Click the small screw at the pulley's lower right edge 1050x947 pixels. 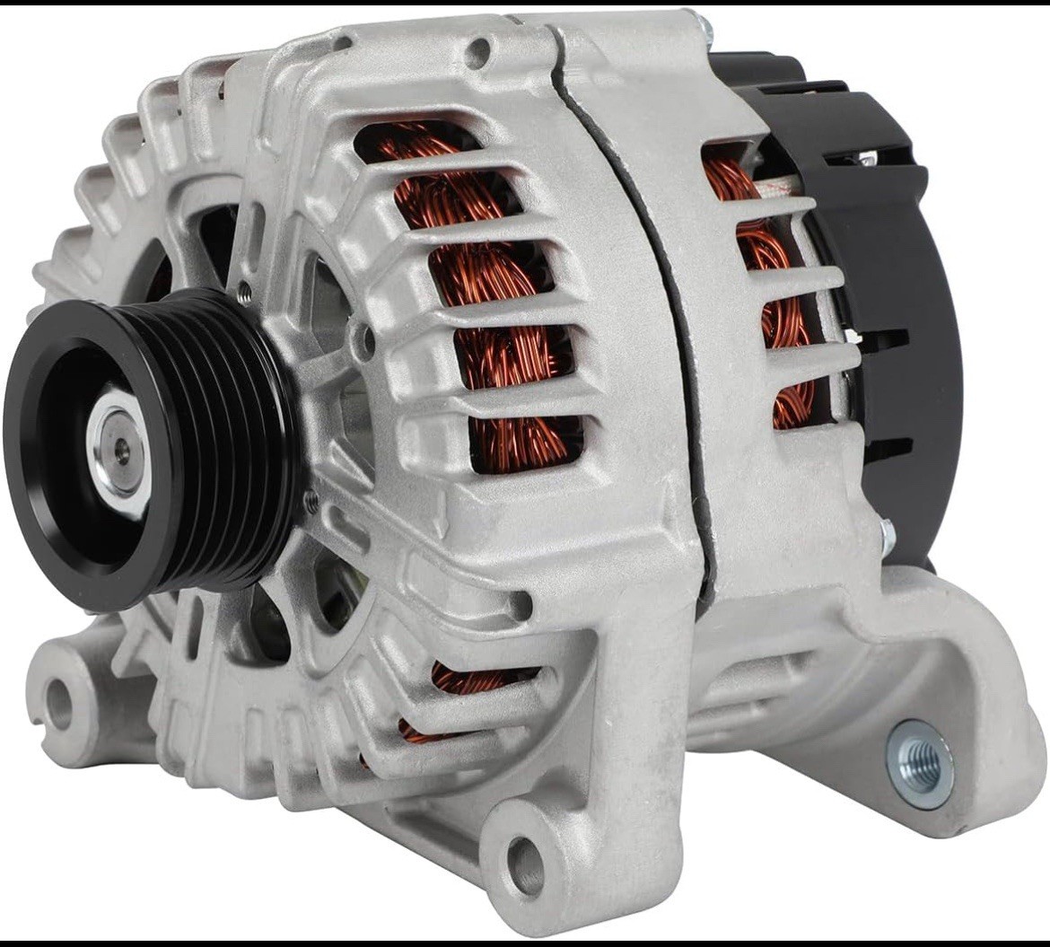[310, 503]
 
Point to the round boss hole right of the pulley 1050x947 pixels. [362, 340]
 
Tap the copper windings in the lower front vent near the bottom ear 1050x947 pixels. [467, 682]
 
